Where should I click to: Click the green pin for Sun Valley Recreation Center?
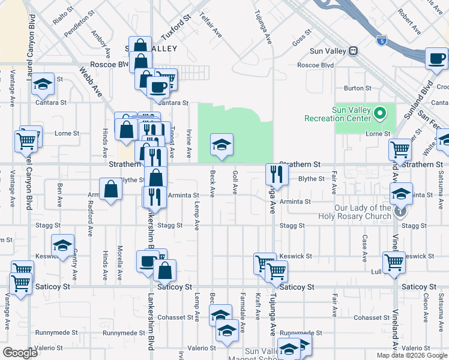point(379,112)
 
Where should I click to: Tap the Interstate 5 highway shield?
point(382,41)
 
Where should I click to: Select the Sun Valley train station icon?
point(354,51)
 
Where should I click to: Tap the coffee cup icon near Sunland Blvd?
point(436,59)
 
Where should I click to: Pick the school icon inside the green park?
point(221,145)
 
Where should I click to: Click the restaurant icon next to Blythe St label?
point(277,174)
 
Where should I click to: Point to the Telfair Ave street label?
point(211,25)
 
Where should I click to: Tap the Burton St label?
point(358,88)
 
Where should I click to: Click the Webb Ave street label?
point(91,82)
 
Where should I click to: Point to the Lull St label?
point(377,271)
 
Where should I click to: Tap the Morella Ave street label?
point(120,264)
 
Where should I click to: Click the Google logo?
point(20,352)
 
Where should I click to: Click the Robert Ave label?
point(408,21)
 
